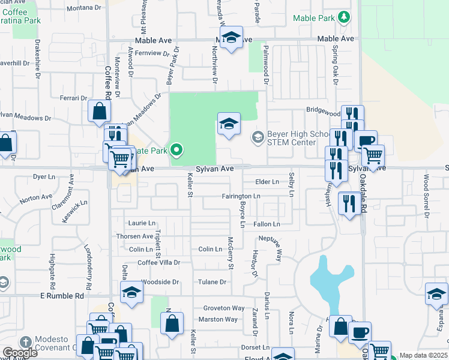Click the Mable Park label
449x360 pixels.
313,18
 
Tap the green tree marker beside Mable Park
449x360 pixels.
343,17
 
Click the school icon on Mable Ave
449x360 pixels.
231,38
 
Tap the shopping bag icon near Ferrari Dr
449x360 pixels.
99,112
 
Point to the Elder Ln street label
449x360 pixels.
267,181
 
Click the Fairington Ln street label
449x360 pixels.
241,196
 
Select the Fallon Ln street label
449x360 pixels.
267,224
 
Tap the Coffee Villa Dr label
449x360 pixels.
159,263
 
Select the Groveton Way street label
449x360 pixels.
223,308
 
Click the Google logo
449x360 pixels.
20,353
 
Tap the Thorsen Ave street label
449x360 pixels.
135,236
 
